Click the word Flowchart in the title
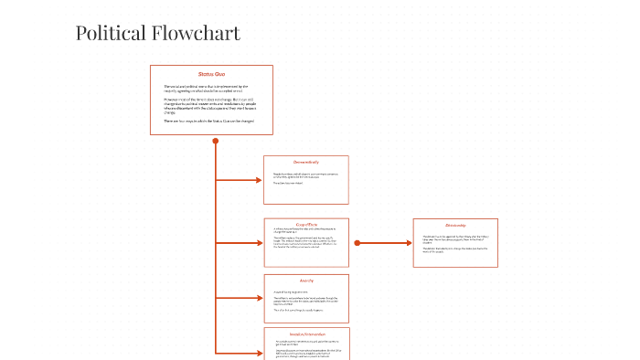pos(195,34)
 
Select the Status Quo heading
pos(211,74)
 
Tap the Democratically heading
pos(305,163)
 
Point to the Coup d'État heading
pos(305,224)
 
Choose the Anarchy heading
pos(305,280)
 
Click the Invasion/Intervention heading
pos(307,334)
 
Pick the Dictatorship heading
pos(455,225)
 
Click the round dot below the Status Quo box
pos(216,141)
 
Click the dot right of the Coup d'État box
pos(357,243)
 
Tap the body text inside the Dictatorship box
pos(454,242)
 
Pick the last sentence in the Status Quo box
pos(209,121)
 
